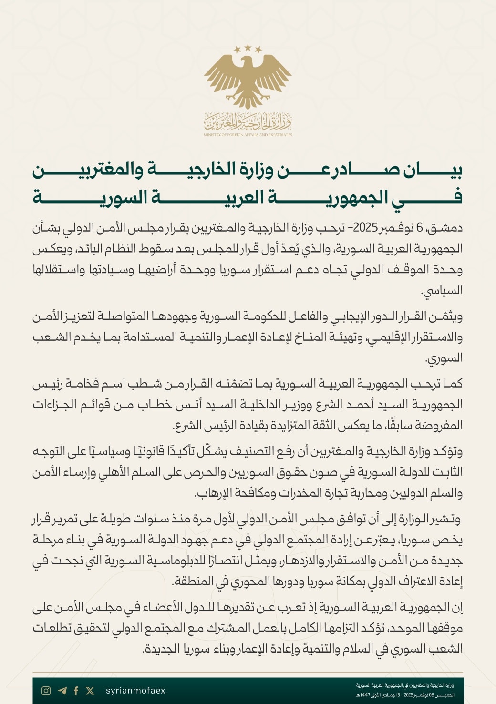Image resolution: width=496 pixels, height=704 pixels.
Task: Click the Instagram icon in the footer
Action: pos(46,691)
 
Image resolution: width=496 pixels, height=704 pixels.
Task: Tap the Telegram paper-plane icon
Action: pos(62,691)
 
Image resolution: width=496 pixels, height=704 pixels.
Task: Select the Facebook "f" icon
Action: pos(76,691)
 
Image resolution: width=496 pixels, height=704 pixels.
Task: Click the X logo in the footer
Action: pos(90,691)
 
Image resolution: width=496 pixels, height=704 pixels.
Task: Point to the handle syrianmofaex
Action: pos(135,691)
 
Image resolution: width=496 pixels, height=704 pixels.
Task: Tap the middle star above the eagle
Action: pos(248,47)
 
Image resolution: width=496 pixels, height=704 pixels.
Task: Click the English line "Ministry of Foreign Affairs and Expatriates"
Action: pos(248,135)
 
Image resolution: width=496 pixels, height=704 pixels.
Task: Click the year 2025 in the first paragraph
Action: pos(365,228)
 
